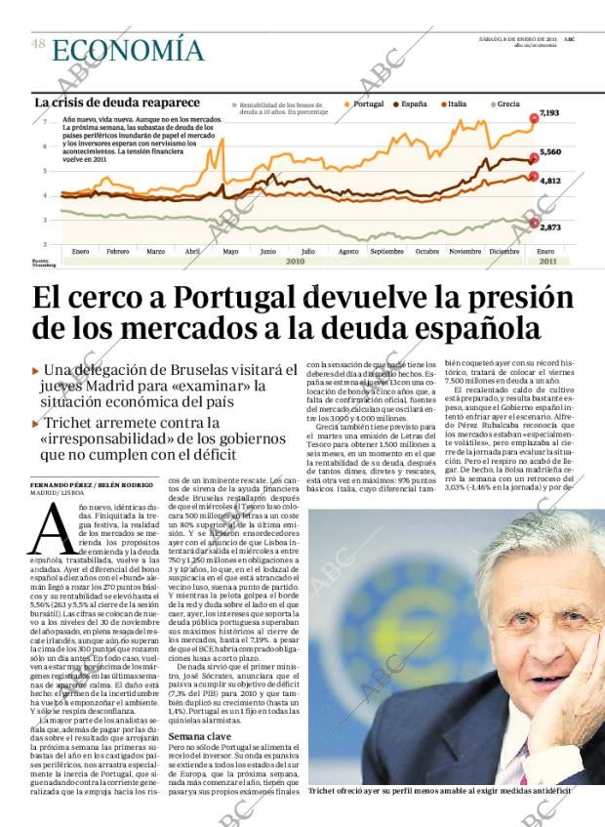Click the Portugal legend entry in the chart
point(367,103)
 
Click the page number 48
point(38,44)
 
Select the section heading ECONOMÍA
point(128,50)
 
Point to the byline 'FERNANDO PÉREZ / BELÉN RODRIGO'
point(91,485)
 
